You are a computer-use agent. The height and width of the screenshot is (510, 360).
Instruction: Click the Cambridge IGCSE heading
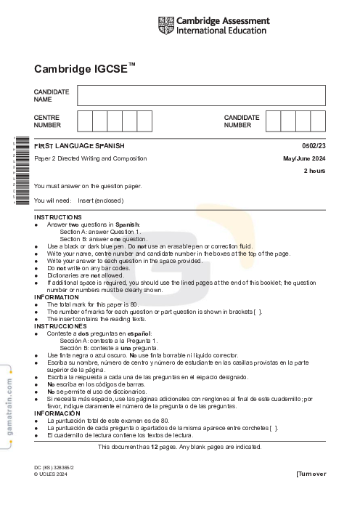click(x=84, y=69)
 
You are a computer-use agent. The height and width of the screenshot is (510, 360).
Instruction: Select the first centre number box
click(x=84, y=121)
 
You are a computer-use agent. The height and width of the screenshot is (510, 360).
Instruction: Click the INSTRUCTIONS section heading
click(x=58, y=217)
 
